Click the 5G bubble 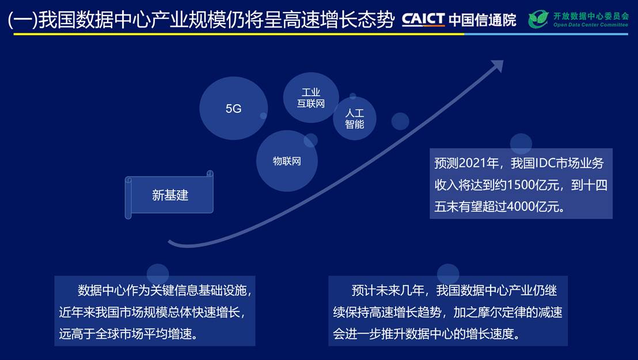(x=234, y=108)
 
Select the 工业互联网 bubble (x=311, y=98)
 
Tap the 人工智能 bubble (x=354, y=119)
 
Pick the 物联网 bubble (x=287, y=161)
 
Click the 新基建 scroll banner (x=169, y=195)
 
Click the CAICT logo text (x=423, y=19)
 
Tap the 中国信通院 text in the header (x=483, y=20)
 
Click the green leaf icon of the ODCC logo (x=538, y=19)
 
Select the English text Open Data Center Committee (x=590, y=25)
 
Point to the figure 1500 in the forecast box (x=521, y=185)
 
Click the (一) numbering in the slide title (x=23, y=20)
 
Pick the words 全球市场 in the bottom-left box (x=119, y=334)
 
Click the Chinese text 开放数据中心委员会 (x=591, y=16)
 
